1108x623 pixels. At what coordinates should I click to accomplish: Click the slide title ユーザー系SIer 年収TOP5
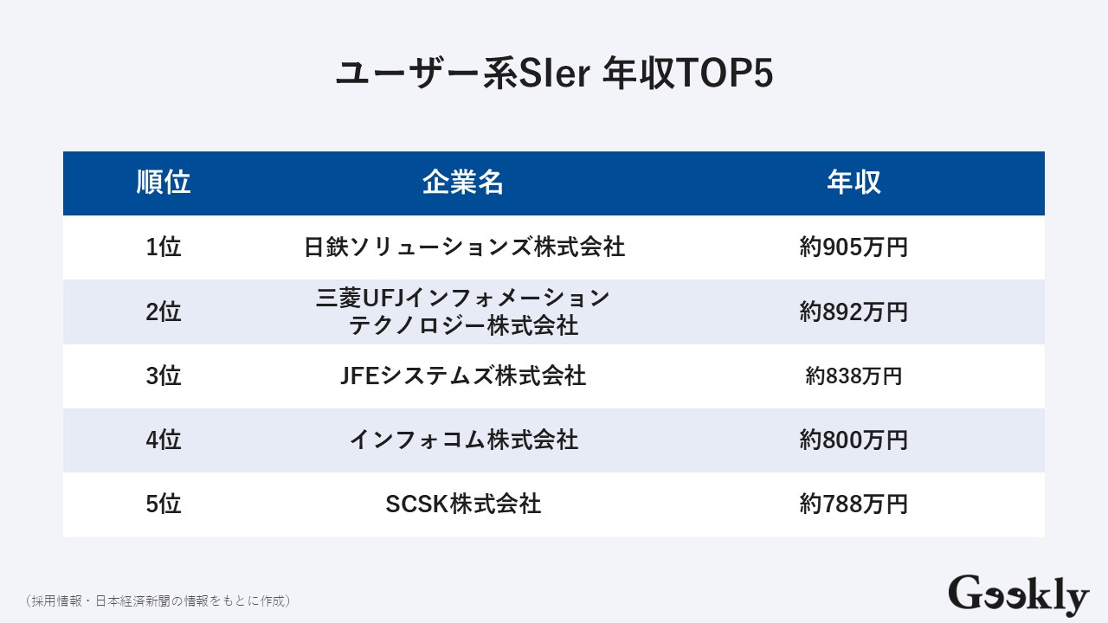[x=553, y=74]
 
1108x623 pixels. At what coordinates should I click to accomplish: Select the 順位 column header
[x=164, y=183]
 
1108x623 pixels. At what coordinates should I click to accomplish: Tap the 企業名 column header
[x=463, y=183]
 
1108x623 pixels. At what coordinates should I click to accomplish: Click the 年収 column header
[x=854, y=183]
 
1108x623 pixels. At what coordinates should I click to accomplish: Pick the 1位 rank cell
[x=164, y=247]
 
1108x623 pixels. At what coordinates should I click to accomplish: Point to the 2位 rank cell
[x=164, y=311]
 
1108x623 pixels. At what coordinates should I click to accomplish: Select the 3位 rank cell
[x=164, y=376]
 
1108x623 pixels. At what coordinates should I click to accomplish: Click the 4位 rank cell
[x=164, y=440]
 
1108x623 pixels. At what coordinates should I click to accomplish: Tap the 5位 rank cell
[x=164, y=504]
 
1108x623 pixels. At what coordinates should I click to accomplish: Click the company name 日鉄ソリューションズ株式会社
[x=464, y=247]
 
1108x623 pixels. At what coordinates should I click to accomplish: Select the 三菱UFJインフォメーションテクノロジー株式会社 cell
[x=464, y=311]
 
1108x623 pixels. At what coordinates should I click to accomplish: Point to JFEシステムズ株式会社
[x=464, y=376]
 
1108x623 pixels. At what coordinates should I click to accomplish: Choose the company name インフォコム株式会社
[x=464, y=440]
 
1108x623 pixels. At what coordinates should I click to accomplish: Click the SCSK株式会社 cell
[x=464, y=504]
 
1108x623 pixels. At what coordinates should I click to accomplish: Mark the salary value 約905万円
[x=854, y=247]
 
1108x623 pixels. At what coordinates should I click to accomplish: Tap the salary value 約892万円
[x=854, y=311]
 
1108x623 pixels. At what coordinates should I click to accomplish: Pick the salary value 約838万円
[x=854, y=376]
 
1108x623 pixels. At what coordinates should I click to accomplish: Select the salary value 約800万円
[x=854, y=440]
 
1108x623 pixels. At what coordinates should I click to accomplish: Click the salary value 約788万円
[x=854, y=504]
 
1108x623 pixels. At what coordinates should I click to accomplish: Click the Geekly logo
[x=1018, y=595]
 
